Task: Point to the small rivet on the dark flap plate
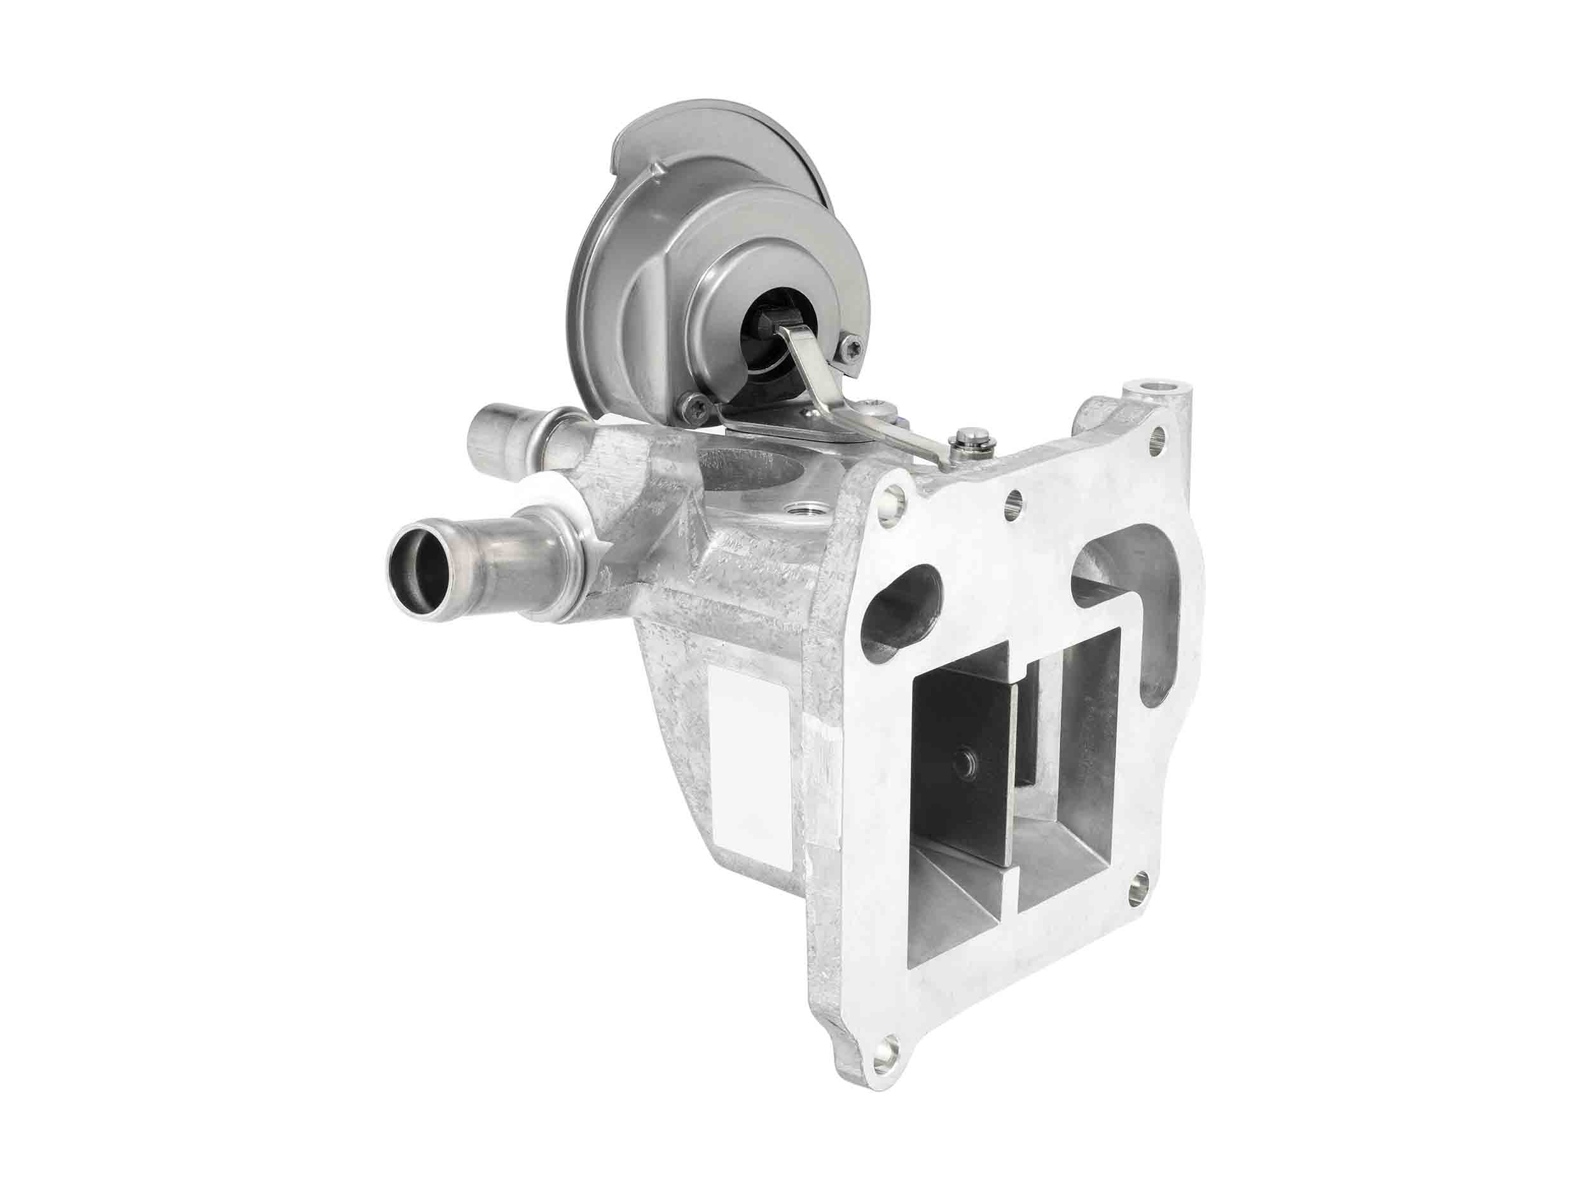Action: tap(961, 763)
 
